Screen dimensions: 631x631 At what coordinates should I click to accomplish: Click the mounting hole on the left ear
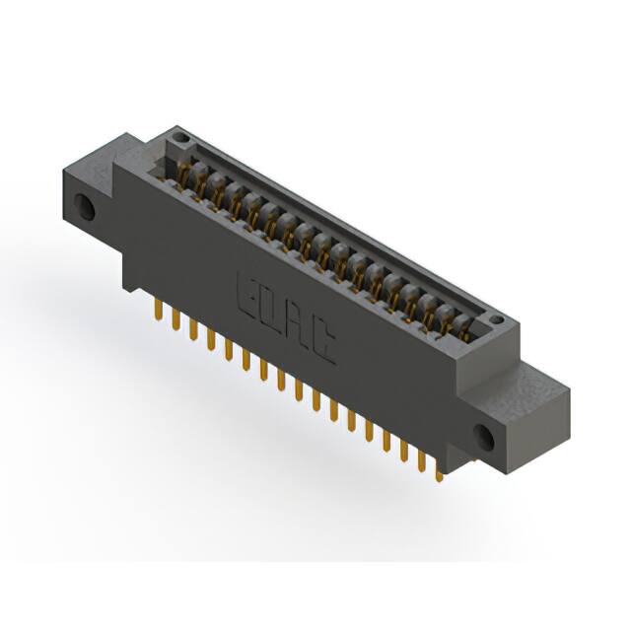click(85, 208)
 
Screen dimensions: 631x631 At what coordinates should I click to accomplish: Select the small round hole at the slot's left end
click(178, 141)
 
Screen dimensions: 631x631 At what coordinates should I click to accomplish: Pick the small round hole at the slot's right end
click(496, 320)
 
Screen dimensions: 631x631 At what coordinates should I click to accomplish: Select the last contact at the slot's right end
click(463, 327)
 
